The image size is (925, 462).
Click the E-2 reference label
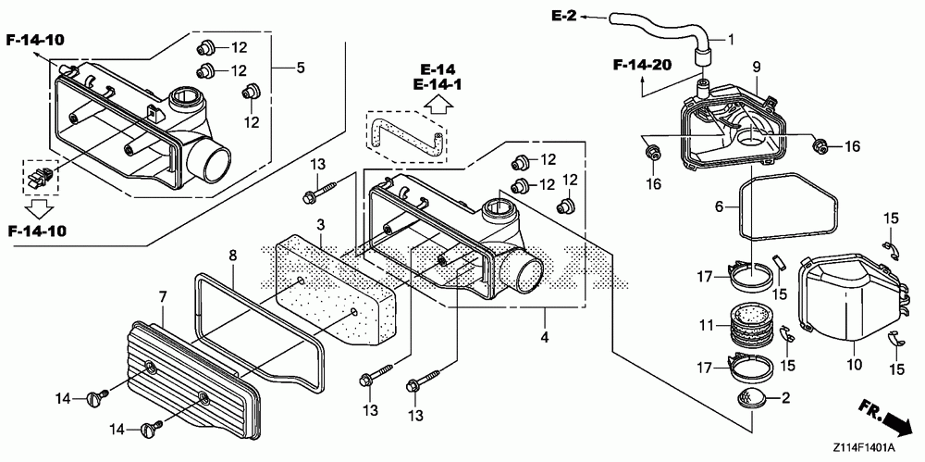(563, 16)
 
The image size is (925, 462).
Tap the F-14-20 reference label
(643, 65)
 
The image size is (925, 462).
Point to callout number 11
(707, 325)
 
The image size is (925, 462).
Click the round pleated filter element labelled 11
(751, 326)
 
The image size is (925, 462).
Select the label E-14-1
(438, 85)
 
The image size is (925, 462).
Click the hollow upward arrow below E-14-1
(438, 105)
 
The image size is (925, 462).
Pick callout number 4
(545, 337)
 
